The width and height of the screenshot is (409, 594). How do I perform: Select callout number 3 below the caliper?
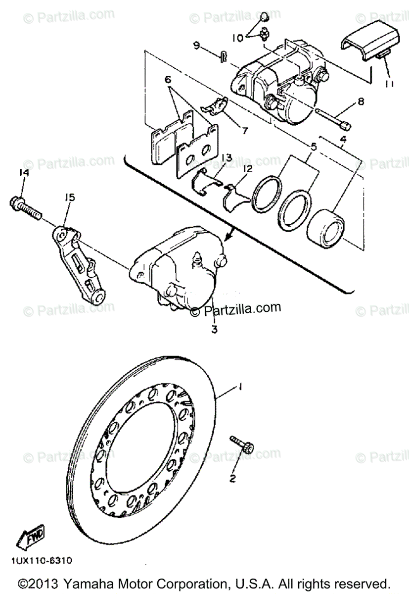214,329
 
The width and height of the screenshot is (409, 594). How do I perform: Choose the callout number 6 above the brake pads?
167,79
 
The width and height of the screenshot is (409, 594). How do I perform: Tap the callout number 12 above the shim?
247,169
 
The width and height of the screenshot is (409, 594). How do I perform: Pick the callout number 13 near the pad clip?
227,157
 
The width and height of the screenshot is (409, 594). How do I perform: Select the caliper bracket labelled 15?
78,262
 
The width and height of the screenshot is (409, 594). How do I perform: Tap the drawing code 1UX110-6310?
40,561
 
